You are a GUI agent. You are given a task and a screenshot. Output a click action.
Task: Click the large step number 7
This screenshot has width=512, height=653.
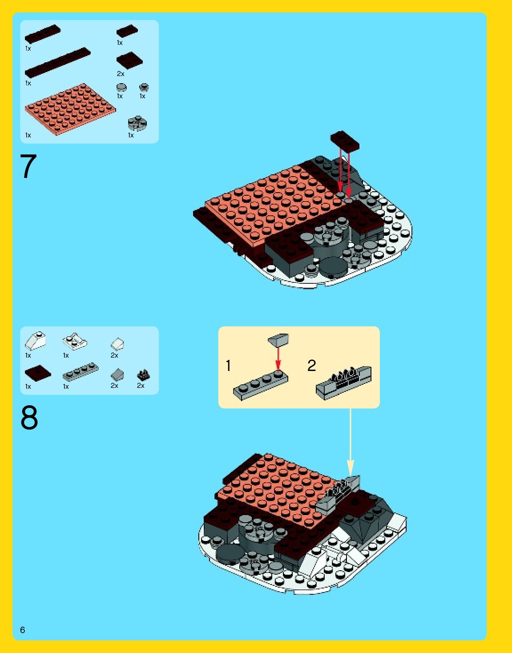28,166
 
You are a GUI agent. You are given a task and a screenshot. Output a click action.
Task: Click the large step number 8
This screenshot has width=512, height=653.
29,417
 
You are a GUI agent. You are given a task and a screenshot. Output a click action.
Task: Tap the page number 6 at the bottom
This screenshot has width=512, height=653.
23,629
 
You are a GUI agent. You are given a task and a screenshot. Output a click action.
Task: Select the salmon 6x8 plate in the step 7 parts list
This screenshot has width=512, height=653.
70,109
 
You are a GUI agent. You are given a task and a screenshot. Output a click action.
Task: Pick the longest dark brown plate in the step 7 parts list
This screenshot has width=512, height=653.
58,63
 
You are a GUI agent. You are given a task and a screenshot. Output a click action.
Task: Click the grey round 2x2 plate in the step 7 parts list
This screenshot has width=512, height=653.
137,123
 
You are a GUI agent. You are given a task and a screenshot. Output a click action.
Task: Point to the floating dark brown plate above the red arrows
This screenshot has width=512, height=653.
345,140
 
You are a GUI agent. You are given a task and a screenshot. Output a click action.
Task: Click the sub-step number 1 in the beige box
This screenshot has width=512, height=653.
228,366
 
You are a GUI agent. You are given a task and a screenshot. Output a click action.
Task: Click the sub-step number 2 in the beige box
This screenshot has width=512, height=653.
311,366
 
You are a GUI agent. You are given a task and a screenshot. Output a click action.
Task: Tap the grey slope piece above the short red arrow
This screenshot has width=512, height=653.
278,340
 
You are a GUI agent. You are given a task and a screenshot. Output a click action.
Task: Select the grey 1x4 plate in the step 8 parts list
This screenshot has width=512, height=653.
81,372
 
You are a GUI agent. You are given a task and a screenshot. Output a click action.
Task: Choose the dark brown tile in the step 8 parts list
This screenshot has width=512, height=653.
38,374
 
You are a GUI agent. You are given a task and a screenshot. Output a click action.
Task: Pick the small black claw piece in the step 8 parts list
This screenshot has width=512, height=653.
143,375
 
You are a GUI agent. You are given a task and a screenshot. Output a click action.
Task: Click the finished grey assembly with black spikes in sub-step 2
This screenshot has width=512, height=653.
344,383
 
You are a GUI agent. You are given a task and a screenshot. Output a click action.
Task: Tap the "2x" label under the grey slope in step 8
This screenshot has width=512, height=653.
114,386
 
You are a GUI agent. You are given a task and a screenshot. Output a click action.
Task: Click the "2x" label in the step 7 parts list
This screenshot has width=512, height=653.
121,74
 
